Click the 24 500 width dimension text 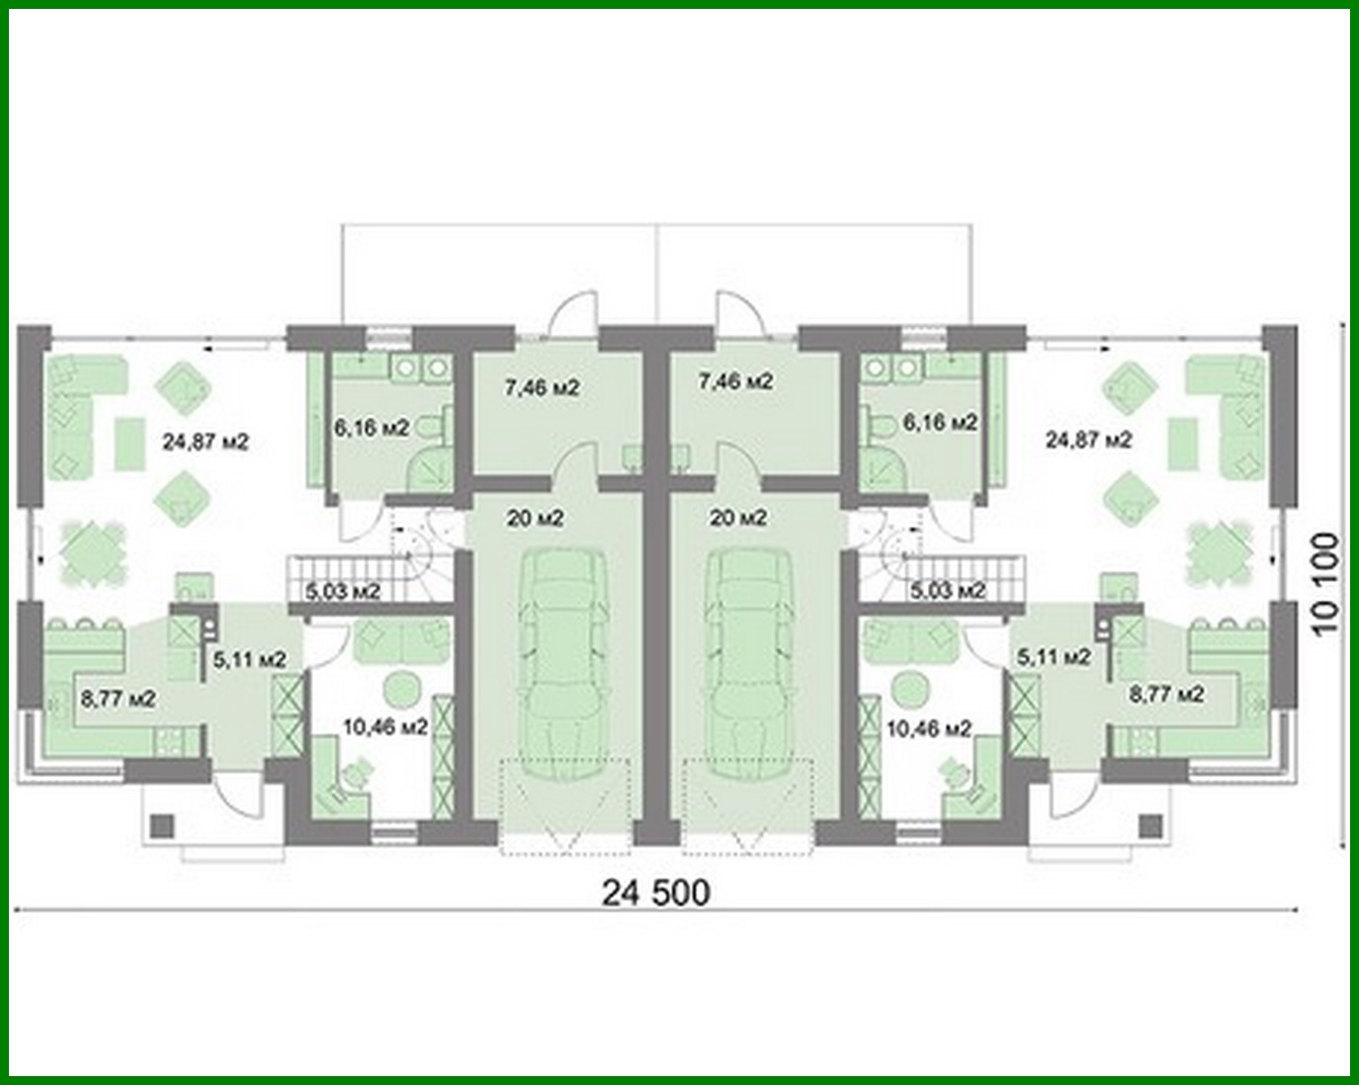tap(655, 892)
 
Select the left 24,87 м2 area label tap(206, 442)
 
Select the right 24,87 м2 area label tap(1089, 439)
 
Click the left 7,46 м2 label tap(542, 387)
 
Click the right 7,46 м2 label tap(735, 380)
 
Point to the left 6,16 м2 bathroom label tap(372, 428)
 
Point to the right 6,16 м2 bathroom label tap(941, 422)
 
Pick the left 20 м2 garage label tap(536, 517)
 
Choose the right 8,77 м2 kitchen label tap(1167, 694)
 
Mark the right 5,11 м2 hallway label tap(1054, 656)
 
